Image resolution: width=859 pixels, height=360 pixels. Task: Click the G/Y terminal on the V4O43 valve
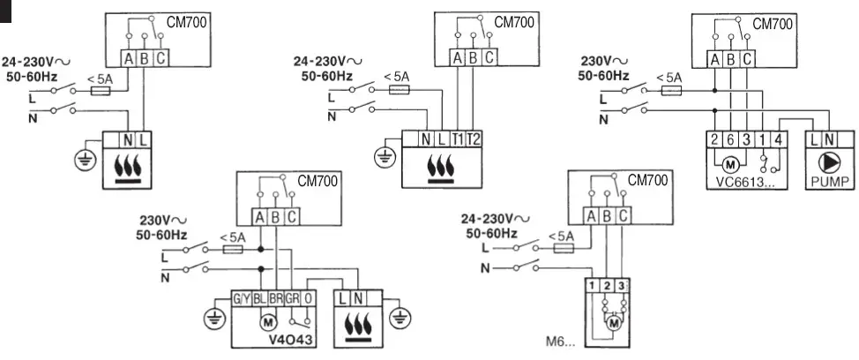[x=241, y=299]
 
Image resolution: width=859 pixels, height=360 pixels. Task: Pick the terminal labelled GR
[x=293, y=299]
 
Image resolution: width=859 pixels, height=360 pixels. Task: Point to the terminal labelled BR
[x=276, y=299]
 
